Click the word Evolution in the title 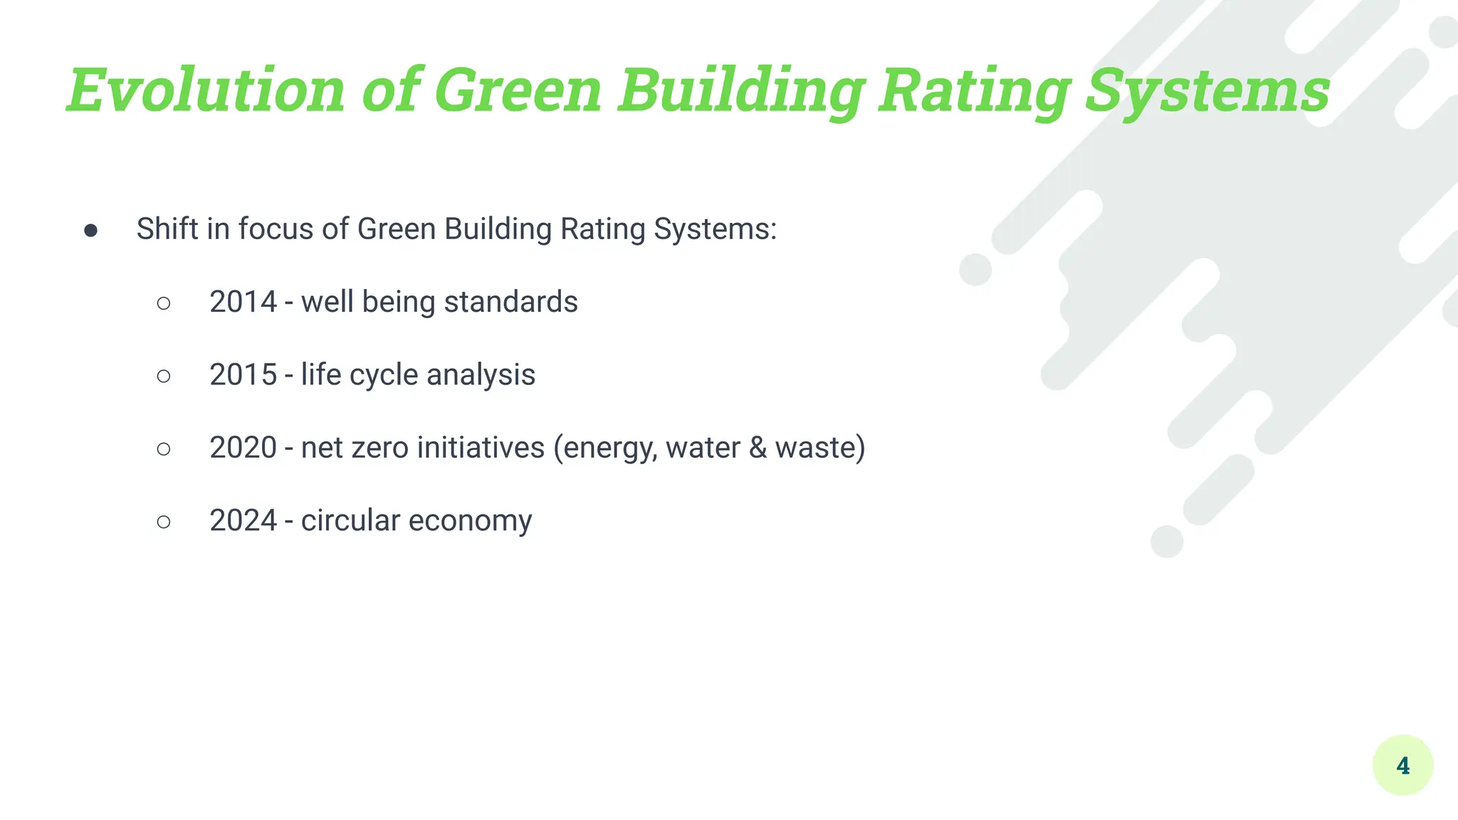click(206, 90)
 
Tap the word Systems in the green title click(1207, 90)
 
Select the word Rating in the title click(974, 90)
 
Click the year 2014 click(243, 302)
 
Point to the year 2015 click(243, 374)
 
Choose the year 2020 click(243, 448)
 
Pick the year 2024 click(243, 520)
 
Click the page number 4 click(1402, 765)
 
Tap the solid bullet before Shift click(90, 230)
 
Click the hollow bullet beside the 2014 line click(164, 303)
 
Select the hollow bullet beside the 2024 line click(164, 522)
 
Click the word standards click(510, 302)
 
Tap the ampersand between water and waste click(757, 448)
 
